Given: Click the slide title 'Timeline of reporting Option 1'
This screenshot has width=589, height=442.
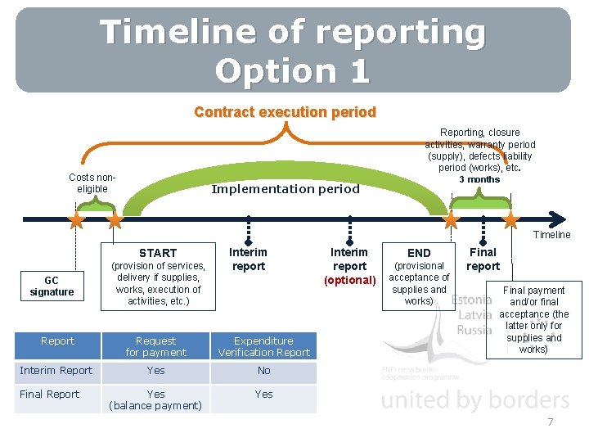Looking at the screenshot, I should (293, 50).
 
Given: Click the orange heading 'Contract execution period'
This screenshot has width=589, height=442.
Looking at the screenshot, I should (285, 112).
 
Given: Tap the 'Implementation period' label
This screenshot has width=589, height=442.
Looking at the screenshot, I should (286, 189).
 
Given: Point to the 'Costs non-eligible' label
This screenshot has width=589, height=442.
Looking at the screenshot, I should (92, 183).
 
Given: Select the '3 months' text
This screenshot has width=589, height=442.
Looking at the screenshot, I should (479, 179).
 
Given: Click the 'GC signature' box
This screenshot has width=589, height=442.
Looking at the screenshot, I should (52, 286).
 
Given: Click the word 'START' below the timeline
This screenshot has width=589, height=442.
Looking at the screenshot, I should (158, 253).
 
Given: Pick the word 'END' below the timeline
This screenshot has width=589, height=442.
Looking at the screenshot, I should (419, 253).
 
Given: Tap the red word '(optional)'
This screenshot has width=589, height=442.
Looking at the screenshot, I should (349, 281).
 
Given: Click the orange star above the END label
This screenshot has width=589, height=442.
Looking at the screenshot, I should (451, 220).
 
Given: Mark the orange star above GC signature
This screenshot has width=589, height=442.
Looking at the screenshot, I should (76, 220).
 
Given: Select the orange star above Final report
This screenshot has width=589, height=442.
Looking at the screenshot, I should (510, 220).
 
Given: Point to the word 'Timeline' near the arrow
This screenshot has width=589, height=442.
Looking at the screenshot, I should (551, 235).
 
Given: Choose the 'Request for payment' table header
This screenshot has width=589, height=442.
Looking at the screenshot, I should (155, 346).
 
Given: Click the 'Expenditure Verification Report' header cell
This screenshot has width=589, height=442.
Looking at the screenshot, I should (263, 346).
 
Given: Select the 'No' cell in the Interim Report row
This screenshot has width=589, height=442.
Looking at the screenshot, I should (263, 371).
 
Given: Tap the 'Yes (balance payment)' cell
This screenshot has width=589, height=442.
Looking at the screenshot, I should (155, 399).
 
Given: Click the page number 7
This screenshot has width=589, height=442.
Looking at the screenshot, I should (551, 422).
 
